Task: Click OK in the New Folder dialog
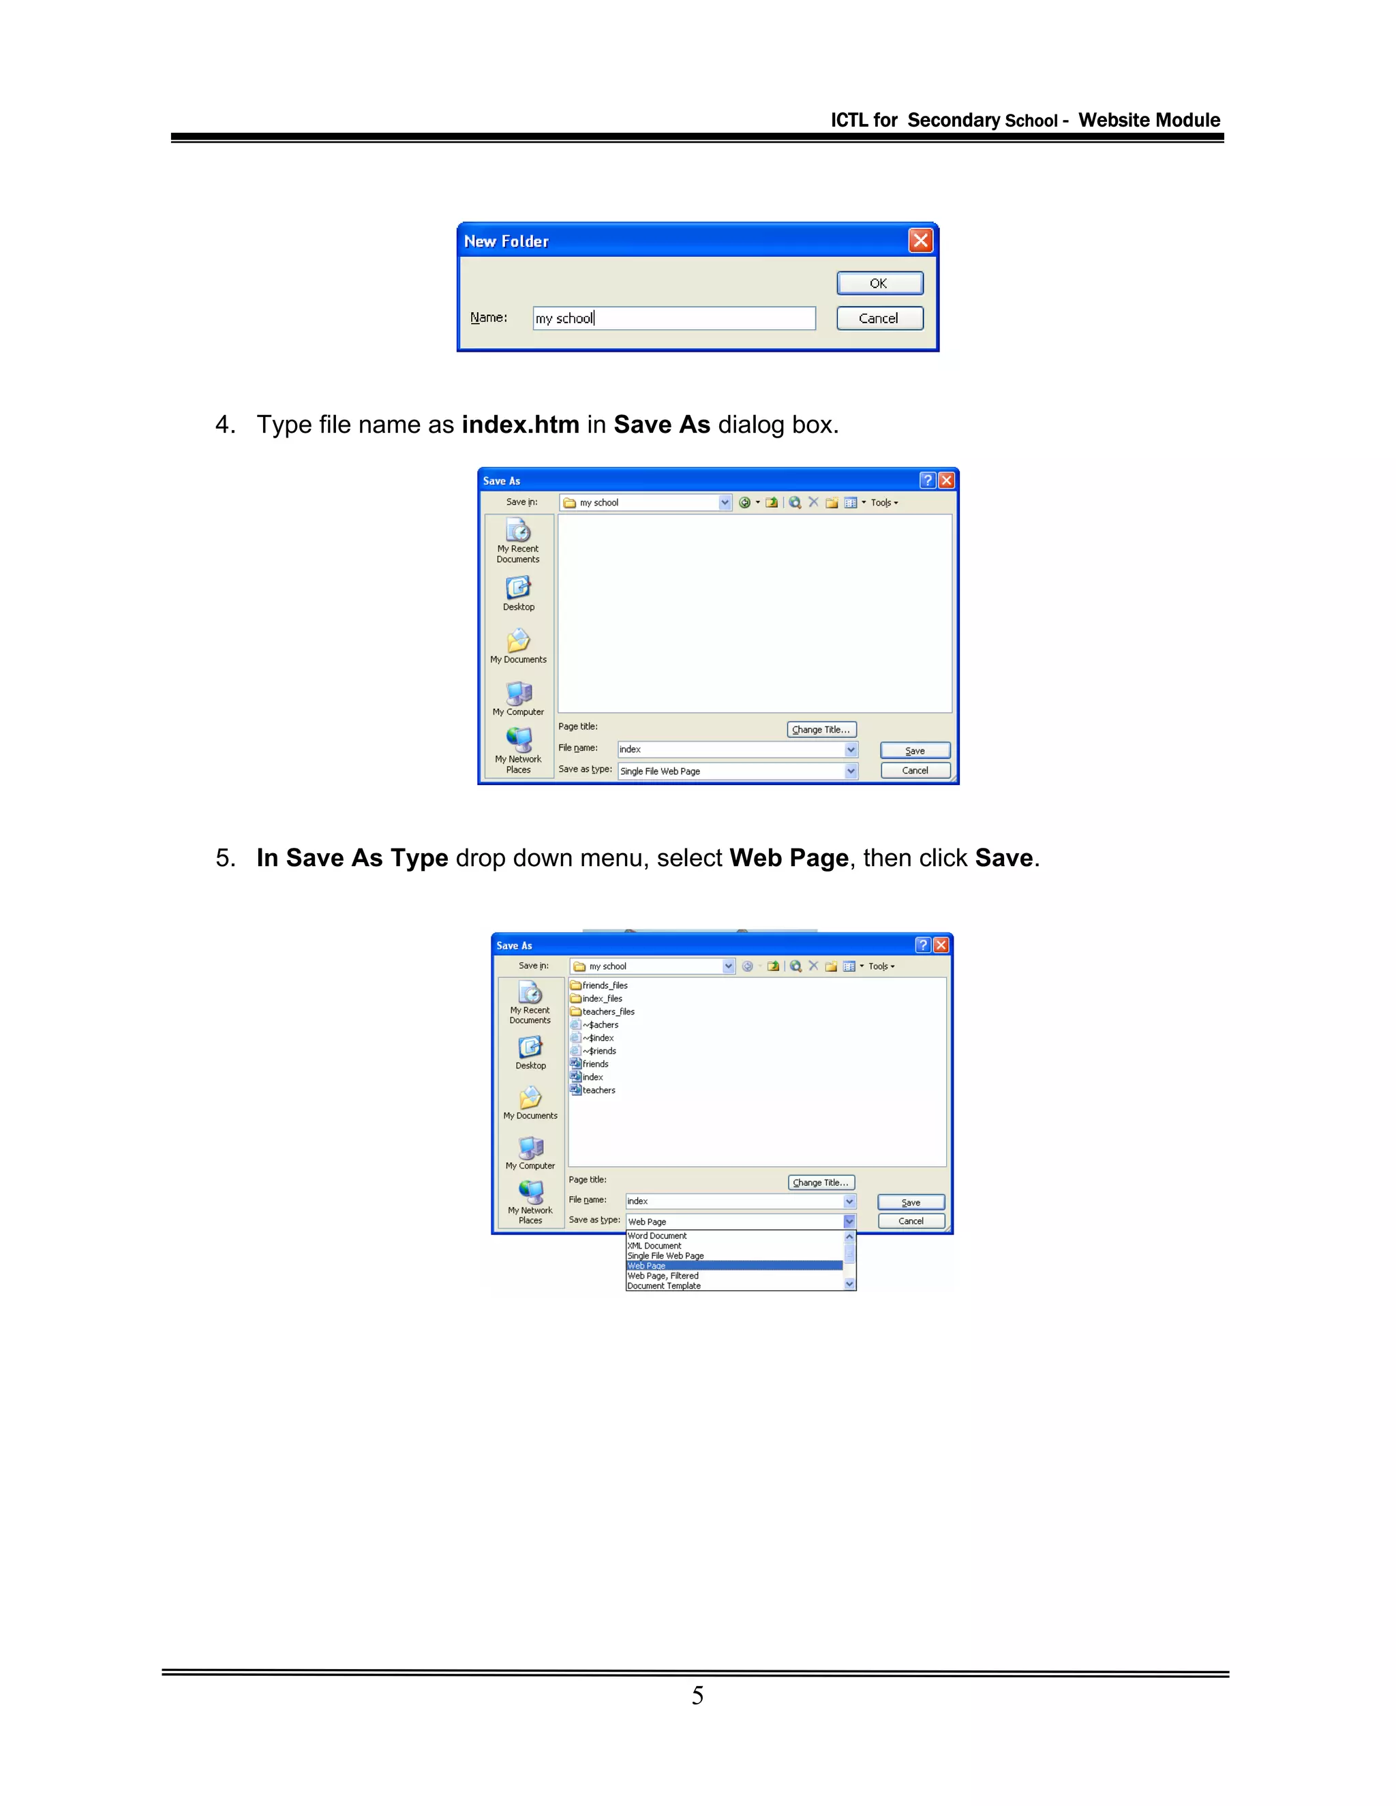click(x=879, y=284)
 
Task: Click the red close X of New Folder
click(x=920, y=241)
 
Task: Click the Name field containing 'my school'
click(x=674, y=318)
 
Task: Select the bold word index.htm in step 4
click(x=520, y=425)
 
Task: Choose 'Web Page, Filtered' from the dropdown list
click(x=663, y=1276)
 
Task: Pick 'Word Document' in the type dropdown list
click(x=658, y=1236)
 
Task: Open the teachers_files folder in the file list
click(x=608, y=1011)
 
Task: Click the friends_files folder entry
click(x=605, y=985)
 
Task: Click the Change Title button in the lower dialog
click(x=821, y=1182)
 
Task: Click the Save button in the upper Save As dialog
click(x=915, y=751)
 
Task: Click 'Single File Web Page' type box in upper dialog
click(x=732, y=771)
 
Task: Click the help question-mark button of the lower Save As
click(x=923, y=945)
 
